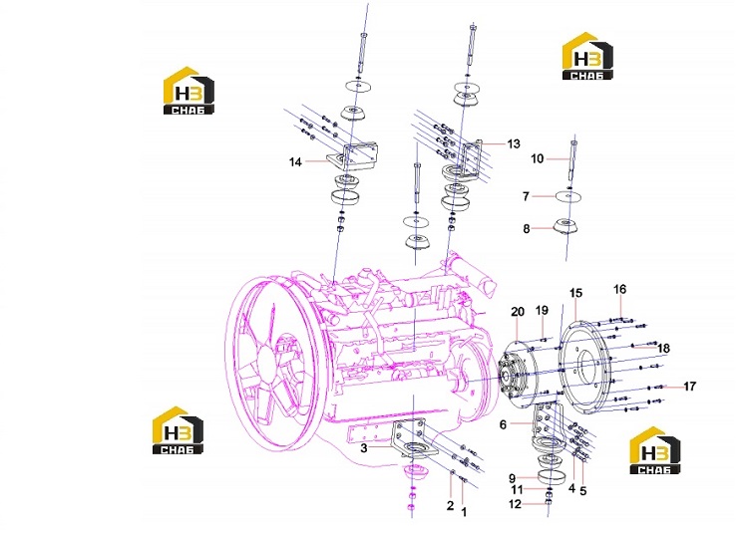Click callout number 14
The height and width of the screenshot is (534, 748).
(295, 162)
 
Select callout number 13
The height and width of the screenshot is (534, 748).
(514, 143)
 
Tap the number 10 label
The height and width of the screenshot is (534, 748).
(538, 158)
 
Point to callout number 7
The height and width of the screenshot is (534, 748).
(526, 196)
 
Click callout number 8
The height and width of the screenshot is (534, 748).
(527, 229)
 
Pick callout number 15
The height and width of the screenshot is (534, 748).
(575, 293)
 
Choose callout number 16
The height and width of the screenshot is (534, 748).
(619, 289)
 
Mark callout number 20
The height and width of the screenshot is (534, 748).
(518, 312)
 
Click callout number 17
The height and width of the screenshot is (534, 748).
(690, 386)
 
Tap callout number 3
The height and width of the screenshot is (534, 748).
(363, 448)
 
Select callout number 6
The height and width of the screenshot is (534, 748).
(503, 424)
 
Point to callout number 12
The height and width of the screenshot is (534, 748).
(515, 504)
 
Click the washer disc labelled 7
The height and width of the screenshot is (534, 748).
(568, 196)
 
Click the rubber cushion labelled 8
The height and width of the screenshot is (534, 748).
(565, 227)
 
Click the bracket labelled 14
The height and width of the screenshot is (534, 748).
(353, 155)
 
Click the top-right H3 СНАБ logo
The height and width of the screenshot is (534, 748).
(587, 56)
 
